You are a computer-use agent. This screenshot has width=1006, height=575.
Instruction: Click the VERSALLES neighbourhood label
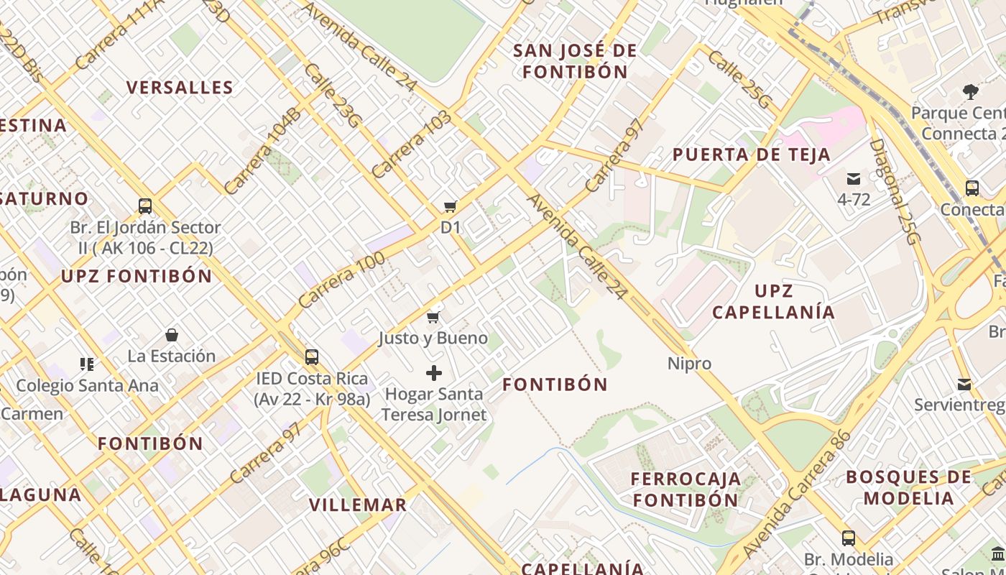[180, 88]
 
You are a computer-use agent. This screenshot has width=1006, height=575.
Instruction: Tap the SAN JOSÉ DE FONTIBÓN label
[575, 61]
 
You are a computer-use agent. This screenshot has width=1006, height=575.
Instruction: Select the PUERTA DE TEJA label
[751, 155]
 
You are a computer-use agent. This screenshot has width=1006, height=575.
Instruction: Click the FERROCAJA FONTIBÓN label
[686, 489]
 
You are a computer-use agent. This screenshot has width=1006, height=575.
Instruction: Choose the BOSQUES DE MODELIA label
[908, 487]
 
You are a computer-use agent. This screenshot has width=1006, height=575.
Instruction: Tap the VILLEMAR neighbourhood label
[358, 505]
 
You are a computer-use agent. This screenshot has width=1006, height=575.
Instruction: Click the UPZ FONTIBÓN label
[137, 276]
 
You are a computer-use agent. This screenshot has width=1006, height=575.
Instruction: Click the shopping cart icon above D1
[451, 207]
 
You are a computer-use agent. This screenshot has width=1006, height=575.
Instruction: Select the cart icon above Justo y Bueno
[433, 317]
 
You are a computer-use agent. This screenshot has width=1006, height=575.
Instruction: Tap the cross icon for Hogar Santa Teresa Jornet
[434, 373]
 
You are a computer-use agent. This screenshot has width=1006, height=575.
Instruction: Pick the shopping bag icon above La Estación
[172, 335]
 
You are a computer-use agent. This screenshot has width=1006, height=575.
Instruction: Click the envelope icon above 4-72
[854, 178]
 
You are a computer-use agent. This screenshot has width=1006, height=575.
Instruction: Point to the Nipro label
[689, 364]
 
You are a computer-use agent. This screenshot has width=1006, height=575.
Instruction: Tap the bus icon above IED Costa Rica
[312, 356]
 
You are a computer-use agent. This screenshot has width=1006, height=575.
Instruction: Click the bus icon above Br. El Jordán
[145, 206]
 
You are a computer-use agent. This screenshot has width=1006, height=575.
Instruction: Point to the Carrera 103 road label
[411, 144]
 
